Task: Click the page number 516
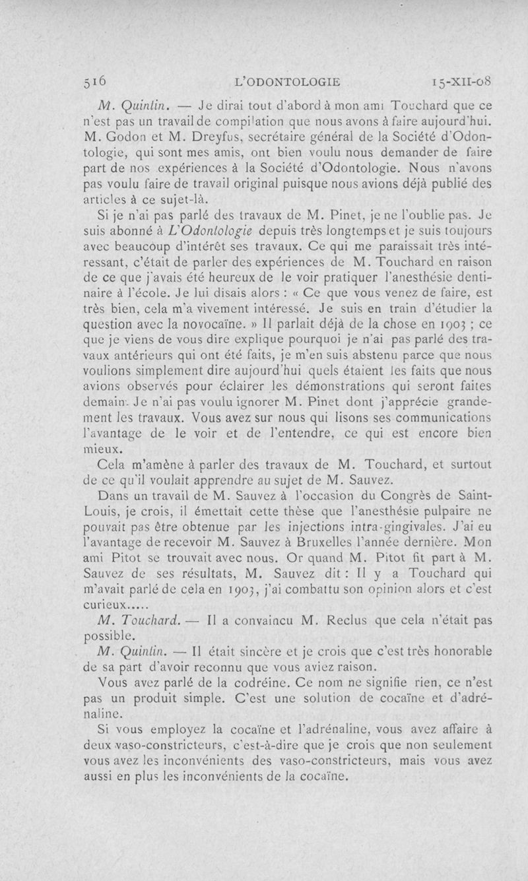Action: coord(95,81)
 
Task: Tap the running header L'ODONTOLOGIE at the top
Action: coord(291,82)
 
